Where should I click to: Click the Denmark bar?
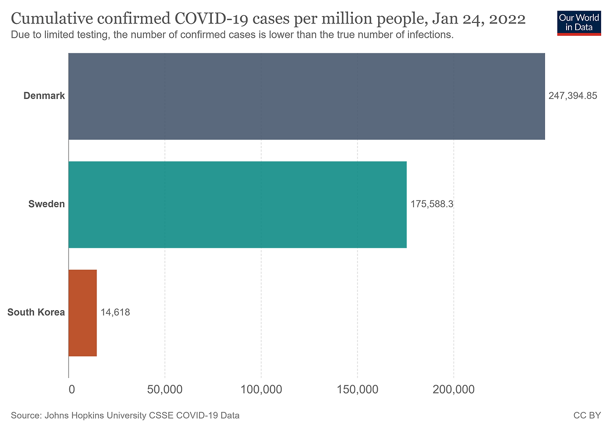pos(306,96)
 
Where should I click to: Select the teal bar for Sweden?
pos(238,204)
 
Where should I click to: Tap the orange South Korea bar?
pos(83,313)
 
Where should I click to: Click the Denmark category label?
pos(44,96)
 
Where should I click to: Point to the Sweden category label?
pos(46,204)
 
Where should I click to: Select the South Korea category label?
pos(36,313)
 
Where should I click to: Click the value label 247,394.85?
pos(573,96)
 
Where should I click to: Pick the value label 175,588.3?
pos(432,204)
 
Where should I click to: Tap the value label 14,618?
pos(115,313)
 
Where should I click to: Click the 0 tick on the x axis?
pos(72,389)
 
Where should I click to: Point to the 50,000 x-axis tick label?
pos(165,389)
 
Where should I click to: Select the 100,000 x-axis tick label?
pos(261,389)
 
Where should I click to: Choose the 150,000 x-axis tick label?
pos(358,389)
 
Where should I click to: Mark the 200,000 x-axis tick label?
pos(454,389)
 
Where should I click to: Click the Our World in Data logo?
pos(579,22)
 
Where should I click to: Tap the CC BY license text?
pos(587,416)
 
